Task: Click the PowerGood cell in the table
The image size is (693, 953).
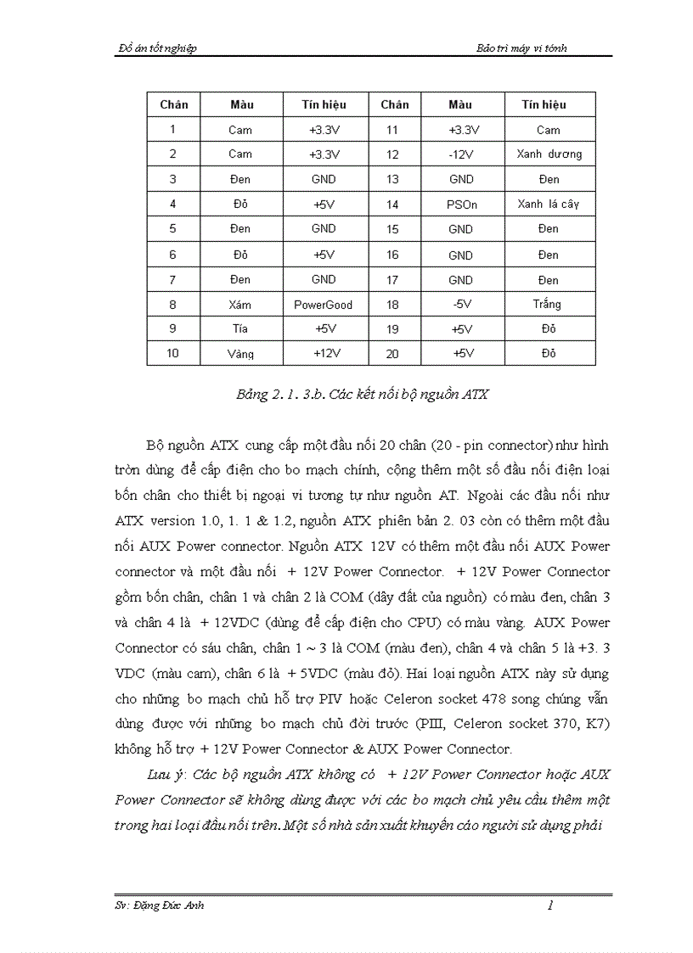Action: click(x=323, y=305)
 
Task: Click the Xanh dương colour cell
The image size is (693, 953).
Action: click(x=549, y=154)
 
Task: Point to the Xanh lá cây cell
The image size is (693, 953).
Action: click(x=549, y=205)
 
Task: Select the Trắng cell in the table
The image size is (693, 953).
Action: click(x=549, y=305)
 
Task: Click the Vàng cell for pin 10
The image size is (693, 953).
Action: click(x=240, y=354)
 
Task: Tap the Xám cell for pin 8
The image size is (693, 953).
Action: click(x=240, y=305)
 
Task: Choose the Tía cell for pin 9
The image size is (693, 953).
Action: click(x=240, y=329)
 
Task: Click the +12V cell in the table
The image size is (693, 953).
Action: click(x=323, y=354)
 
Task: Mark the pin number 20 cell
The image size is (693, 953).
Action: click(x=392, y=354)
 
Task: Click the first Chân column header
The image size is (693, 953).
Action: click(x=173, y=104)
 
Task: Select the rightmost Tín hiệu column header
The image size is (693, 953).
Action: click(x=549, y=104)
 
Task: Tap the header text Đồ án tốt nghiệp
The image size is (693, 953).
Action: click(x=156, y=48)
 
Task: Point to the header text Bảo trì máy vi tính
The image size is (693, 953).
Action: click(x=521, y=48)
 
